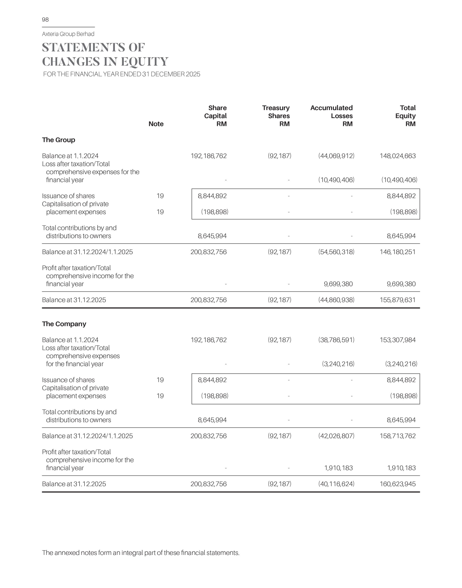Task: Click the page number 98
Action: [x=45, y=20]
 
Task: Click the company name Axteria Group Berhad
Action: [x=68, y=34]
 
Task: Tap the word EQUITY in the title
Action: [x=145, y=62]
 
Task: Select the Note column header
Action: [x=156, y=124]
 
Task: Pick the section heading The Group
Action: [x=58, y=140]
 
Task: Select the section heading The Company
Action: [x=64, y=324]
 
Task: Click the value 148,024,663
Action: [x=398, y=156]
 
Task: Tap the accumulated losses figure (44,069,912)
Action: [x=336, y=156]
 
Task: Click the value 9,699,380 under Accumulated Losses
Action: [x=338, y=284]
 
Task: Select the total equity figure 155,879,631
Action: [x=398, y=300]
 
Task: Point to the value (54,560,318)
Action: [x=336, y=252]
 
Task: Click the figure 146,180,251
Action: [x=398, y=252]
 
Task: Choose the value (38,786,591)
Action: [x=336, y=340]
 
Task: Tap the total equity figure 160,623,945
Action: [x=398, y=484]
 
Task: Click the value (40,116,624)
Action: [x=336, y=484]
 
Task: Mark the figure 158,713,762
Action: [x=398, y=436]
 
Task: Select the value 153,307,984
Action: [x=398, y=340]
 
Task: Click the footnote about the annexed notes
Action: [x=141, y=553]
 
